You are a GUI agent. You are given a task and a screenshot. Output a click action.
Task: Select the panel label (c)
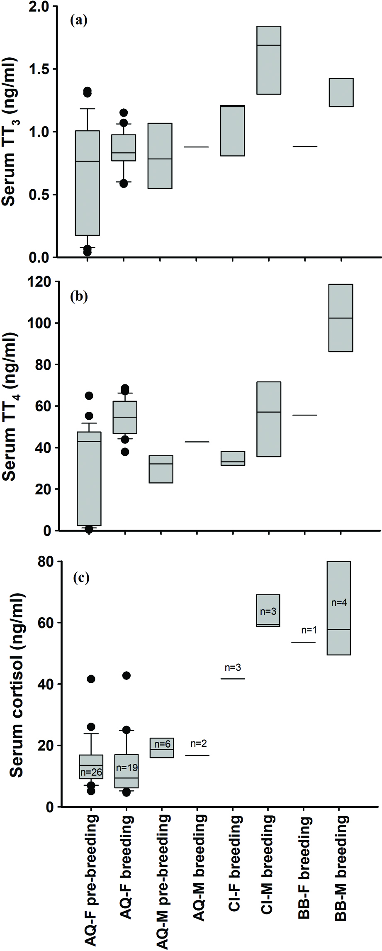click(x=81, y=578)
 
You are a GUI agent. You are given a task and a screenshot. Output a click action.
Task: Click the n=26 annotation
click(x=91, y=773)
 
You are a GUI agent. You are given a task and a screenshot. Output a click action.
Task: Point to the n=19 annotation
click(x=127, y=768)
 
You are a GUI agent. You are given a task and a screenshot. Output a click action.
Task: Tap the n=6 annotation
click(x=162, y=744)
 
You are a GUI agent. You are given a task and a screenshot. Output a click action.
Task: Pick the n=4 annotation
click(x=339, y=603)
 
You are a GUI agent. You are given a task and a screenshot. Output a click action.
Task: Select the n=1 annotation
click(x=309, y=630)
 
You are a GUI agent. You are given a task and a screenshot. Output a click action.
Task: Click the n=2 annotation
click(x=199, y=743)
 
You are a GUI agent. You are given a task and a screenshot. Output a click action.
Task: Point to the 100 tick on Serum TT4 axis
click(x=40, y=323)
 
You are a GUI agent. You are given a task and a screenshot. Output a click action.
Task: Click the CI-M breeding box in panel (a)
click(x=269, y=60)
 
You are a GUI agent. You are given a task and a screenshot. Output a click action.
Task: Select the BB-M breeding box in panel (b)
click(x=341, y=318)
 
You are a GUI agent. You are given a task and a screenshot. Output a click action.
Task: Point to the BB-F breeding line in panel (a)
click(x=305, y=147)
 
